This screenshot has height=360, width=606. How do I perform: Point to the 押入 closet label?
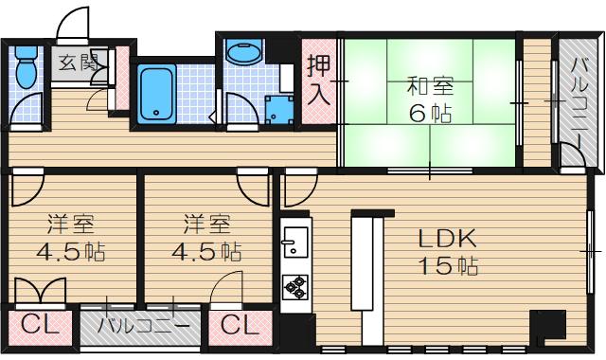click(317, 81)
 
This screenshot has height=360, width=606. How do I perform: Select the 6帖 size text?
click(430, 113)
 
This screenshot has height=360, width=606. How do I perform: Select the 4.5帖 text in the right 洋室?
click(205, 252)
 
